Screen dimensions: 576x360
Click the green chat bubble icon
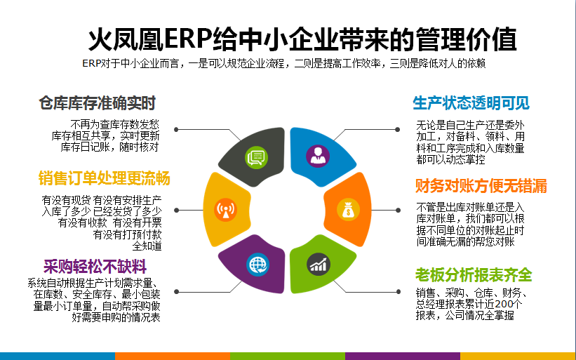pos(256,157)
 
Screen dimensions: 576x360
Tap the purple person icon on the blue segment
pos(318,156)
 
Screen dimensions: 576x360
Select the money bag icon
pos(348,210)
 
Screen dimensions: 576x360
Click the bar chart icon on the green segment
pos(318,264)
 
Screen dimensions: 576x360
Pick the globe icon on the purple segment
pos(258,265)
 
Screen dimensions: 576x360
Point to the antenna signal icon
pos(225,210)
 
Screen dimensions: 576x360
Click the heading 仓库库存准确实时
pos(98,103)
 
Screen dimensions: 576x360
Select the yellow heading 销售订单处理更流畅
pos(104,178)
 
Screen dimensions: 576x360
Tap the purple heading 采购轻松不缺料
pos(95,267)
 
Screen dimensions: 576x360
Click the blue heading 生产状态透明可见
pos(471,103)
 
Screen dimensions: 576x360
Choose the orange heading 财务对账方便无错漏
pos(481,185)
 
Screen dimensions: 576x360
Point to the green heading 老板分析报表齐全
pos(474,274)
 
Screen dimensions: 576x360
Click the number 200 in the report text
pos(503,304)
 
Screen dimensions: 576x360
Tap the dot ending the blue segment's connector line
pos(398,129)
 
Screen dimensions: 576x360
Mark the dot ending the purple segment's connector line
pos(176,292)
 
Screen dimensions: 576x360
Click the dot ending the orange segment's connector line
pos(398,210)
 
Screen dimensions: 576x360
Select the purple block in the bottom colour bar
pos(403,356)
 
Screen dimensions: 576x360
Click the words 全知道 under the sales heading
pos(147,246)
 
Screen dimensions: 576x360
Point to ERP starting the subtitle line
pos(91,64)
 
